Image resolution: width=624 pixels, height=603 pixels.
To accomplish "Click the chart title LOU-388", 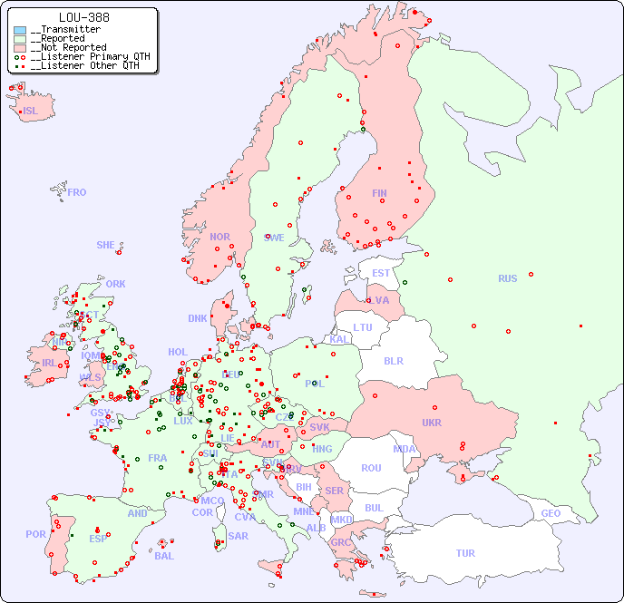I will point(84,17).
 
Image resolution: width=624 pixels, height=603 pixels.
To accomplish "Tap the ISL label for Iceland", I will point(31,112).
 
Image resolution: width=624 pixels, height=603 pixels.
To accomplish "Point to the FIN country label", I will point(379,193).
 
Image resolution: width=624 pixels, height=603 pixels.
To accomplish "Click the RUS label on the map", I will point(507,278).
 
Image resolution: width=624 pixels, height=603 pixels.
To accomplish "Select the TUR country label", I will point(465,553).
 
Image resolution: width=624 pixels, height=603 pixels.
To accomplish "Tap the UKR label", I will point(431,423).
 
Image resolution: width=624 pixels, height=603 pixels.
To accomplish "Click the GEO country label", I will point(551,513).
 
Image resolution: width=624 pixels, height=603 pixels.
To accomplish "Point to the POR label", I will point(35,534).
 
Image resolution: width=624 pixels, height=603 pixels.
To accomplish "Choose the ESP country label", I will point(98,539).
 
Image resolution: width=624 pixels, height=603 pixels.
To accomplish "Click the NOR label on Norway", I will point(219,237).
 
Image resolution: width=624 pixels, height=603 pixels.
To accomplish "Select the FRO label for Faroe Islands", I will point(77,192).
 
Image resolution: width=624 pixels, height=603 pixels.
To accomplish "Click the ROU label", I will point(371,468).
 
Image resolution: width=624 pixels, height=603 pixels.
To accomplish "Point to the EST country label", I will point(381,273).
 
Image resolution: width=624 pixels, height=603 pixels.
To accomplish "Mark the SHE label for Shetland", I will point(105,245).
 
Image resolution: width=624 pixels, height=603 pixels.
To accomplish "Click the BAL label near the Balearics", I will point(163,556).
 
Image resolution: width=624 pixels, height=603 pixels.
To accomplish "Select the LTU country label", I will point(363,327).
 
